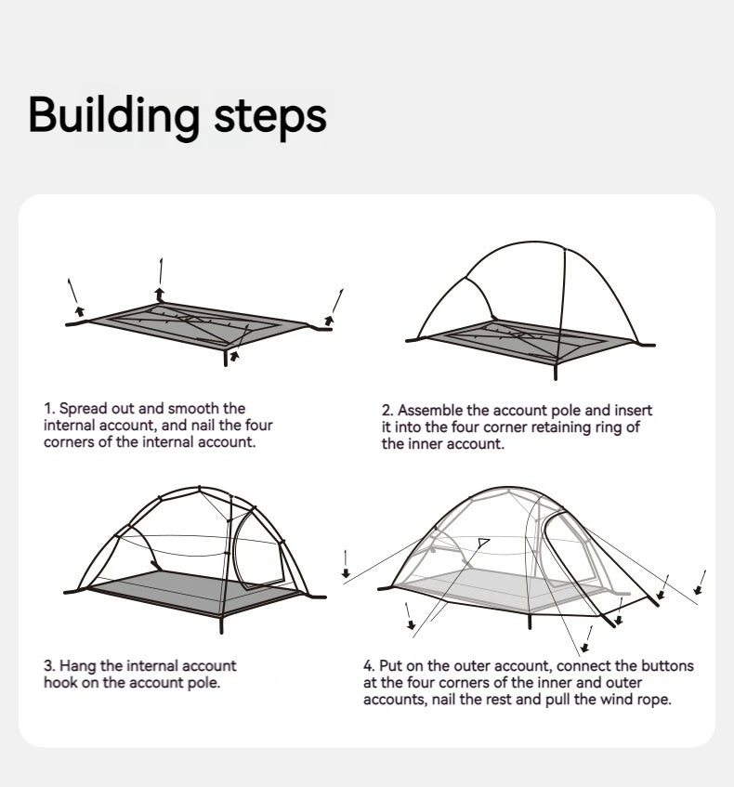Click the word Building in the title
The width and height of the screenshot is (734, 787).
(113, 115)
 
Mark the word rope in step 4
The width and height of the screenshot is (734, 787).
(653, 700)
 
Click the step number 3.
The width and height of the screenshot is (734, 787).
(48, 666)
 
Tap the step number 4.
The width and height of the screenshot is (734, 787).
(368, 666)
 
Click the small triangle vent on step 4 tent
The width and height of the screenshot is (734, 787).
(482, 542)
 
